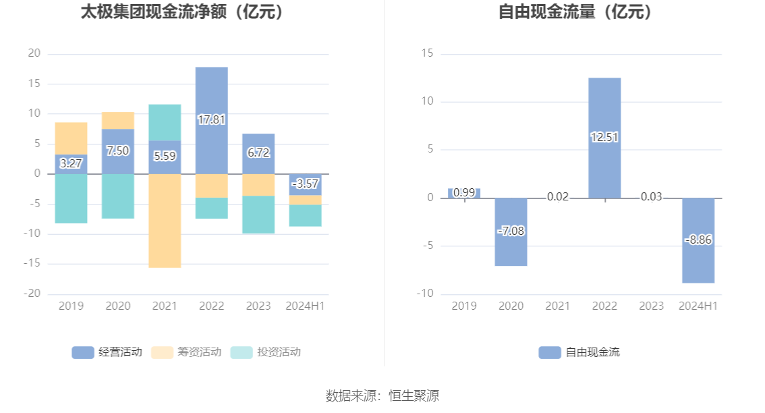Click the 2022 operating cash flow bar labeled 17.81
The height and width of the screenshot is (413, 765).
click(211, 94)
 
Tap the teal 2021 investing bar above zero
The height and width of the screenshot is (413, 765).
click(165, 122)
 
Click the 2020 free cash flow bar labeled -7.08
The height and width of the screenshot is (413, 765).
click(511, 250)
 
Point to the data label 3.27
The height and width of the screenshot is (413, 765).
click(71, 163)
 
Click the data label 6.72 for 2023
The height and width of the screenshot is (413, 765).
click(258, 153)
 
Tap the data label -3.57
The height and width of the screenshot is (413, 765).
click(305, 184)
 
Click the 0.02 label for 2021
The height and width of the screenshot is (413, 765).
click(558, 197)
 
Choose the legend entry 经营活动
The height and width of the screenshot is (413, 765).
click(107, 352)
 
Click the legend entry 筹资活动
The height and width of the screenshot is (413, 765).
click(187, 352)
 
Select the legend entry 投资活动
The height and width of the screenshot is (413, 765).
click(266, 352)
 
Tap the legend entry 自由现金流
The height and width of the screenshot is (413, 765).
click(579, 352)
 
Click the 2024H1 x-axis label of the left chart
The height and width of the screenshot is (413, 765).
click(305, 306)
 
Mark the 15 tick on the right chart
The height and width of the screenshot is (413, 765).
click(426, 54)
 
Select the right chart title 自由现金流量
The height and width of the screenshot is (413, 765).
click(575, 12)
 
